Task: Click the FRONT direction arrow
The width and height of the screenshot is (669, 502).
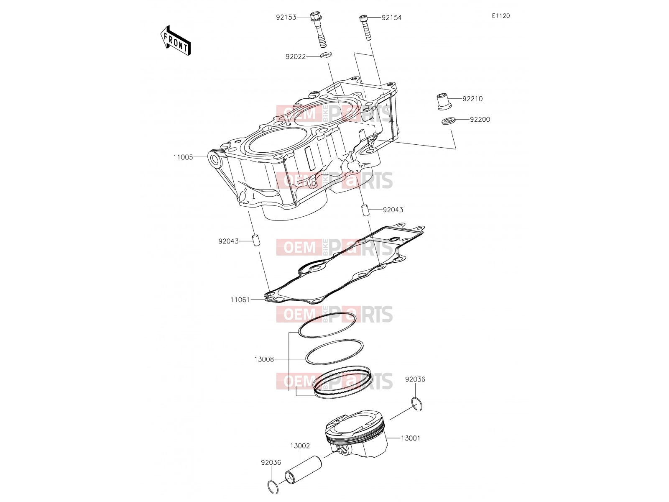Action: pyautogui.click(x=175, y=41)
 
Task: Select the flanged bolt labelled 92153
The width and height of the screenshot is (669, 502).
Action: pyautogui.click(x=318, y=29)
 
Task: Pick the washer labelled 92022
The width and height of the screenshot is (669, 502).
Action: pyautogui.click(x=326, y=55)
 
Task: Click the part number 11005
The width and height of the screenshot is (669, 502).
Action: pyautogui.click(x=183, y=157)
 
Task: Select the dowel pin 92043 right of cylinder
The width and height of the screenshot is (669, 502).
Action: pyautogui.click(x=365, y=210)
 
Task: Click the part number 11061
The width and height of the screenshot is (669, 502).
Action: pyautogui.click(x=240, y=300)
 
